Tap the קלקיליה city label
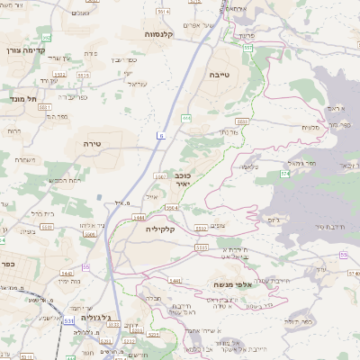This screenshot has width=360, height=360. coord(165,229)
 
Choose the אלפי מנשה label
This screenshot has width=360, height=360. coord(231,283)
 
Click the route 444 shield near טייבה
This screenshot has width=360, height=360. coord(185,117)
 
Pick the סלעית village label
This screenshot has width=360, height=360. coord(310,127)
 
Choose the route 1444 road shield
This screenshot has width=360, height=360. coord(138,217)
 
